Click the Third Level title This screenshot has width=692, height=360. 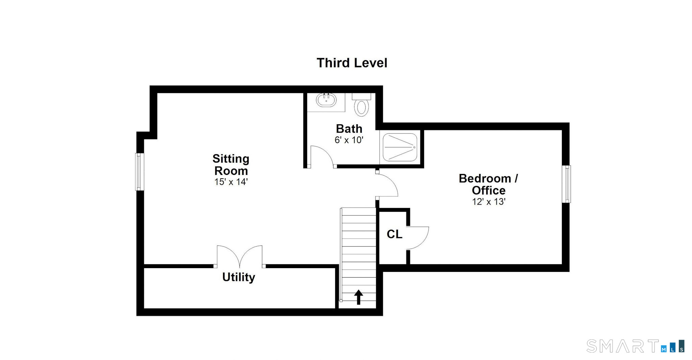click(352, 63)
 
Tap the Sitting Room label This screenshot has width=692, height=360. click(231, 164)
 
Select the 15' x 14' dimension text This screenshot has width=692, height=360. click(231, 182)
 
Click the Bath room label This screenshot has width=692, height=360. click(349, 129)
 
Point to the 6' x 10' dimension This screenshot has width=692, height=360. click(349, 140)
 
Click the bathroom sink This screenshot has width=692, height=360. click(326, 100)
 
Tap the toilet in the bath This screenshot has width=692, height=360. click(362, 105)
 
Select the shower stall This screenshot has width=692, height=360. click(400, 147)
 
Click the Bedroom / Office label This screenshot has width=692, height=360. click(488, 184)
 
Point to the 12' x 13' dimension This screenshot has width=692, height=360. click(489, 202)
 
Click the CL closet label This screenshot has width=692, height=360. click(394, 234)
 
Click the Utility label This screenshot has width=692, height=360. click(239, 277)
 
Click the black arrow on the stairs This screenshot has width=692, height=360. click(359, 297)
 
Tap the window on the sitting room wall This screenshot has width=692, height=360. click(140, 172)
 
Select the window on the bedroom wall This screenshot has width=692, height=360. click(566, 184)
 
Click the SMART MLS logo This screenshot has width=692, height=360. click(636, 346)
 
